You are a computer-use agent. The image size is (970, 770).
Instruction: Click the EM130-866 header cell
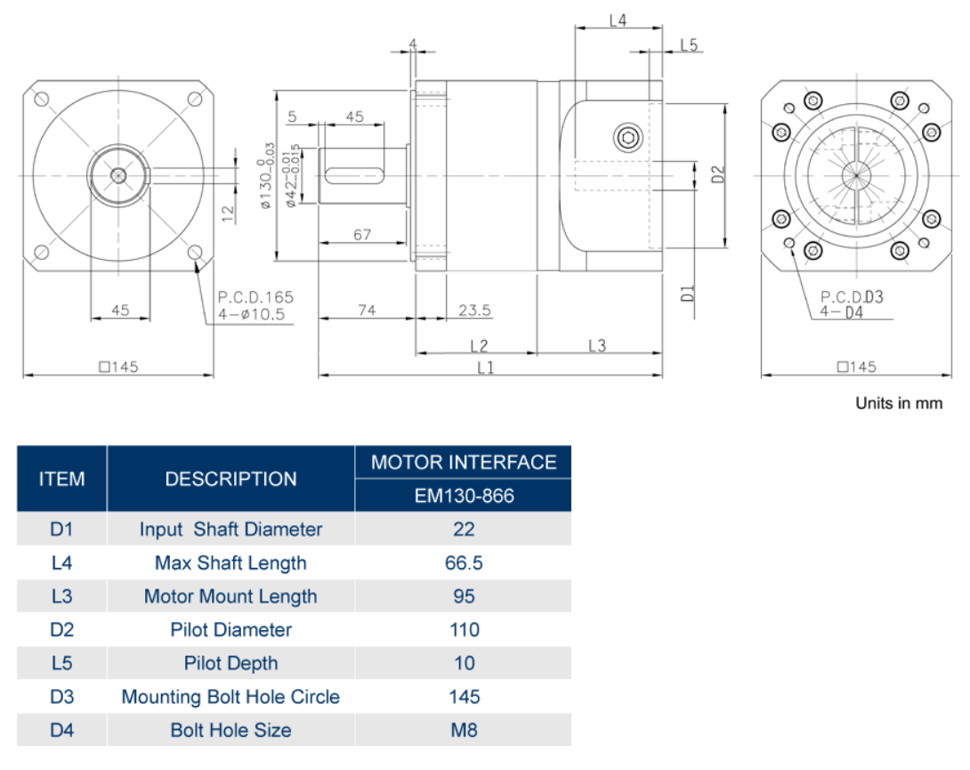click(x=464, y=495)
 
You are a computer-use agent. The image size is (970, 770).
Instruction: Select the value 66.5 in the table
click(x=464, y=563)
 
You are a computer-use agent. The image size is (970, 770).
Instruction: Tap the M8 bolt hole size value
click(x=464, y=730)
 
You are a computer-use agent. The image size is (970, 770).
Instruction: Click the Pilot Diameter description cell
click(x=230, y=629)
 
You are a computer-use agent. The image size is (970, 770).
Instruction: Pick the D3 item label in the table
click(x=62, y=696)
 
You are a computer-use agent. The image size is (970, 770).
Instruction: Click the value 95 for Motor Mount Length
click(x=464, y=596)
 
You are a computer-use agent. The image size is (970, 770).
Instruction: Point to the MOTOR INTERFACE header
click(x=464, y=462)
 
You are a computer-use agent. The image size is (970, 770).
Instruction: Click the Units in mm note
click(x=899, y=403)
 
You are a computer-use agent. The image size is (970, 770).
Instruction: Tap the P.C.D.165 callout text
click(x=255, y=297)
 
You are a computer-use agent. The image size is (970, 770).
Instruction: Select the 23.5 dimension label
click(x=474, y=310)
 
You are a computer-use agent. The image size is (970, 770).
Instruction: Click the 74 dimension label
click(x=367, y=310)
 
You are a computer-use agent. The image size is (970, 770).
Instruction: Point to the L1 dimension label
click(x=486, y=368)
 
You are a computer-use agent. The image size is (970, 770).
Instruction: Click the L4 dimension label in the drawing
click(x=618, y=20)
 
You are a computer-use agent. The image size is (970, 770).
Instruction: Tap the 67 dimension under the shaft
click(x=362, y=235)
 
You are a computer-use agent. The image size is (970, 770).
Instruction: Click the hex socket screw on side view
click(x=628, y=137)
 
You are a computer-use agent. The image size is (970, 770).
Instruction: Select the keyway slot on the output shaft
click(x=354, y=175)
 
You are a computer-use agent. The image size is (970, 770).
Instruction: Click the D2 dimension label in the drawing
click(x=717, y=174)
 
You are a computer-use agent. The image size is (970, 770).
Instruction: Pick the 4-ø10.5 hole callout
click(x=252, y=314)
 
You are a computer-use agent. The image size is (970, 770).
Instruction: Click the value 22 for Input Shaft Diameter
click(x=464, y=530)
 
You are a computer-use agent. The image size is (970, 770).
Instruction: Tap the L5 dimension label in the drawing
click(x=689, y=45)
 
